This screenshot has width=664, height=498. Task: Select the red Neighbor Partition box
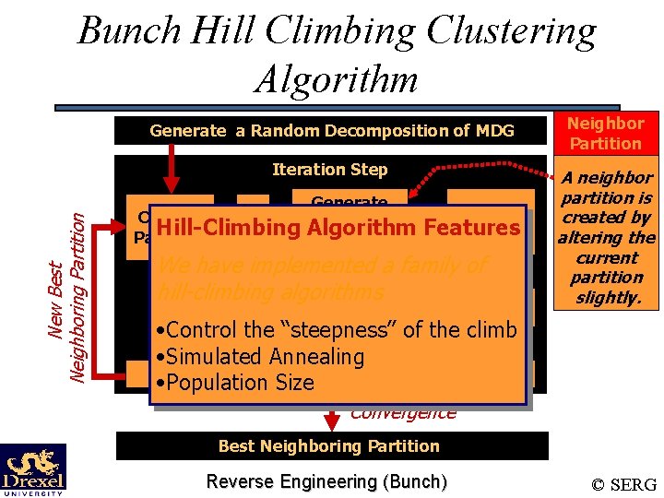(x=605, y=133)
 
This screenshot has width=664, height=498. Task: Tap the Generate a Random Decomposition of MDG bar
(x=331, y=131)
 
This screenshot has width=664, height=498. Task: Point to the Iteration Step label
(x=329, y=170)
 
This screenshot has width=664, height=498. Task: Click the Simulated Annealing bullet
(x=261, y=357)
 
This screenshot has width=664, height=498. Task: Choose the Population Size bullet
(x=235, y=383)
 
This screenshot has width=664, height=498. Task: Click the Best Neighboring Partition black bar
(x=329, y=446)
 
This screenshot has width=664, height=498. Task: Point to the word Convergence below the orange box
(x=403, y=413)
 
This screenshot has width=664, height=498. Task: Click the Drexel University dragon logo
(x=32, y=469)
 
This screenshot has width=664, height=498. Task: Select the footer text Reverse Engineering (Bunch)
(x=326, y=481)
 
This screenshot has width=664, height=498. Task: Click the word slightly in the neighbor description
(x=605, y=298)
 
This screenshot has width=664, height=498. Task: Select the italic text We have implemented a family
(x=321, y=267)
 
